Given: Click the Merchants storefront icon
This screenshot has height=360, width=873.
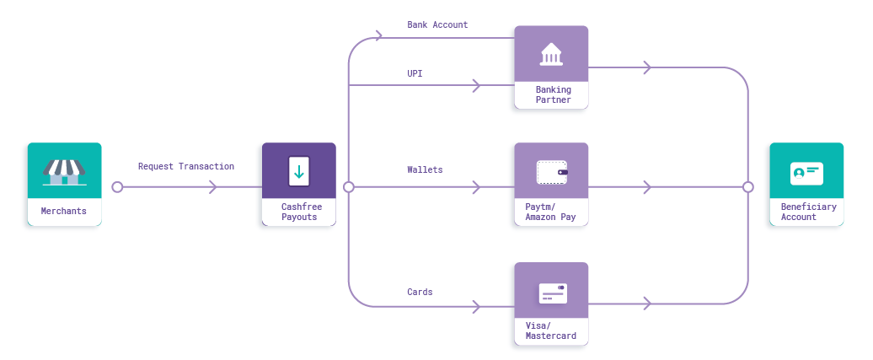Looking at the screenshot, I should pyautogui.click(x=65, y=172).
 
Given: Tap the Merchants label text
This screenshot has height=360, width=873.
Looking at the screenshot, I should pyautogui.click(x=64, y=211).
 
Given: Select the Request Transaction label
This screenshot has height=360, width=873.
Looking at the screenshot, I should pyautogui.click(x=186, y=167).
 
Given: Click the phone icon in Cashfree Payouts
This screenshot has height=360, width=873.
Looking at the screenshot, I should pyautogui.click(x=298, y=171).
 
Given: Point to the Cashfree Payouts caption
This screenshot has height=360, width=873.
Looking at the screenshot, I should pyautogui.click(x=299, y=212).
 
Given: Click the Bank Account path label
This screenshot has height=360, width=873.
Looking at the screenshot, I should pyautogui.click(x=437, y=25).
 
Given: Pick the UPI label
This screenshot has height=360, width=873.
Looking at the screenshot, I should pyautogui.click(x=415, y=73).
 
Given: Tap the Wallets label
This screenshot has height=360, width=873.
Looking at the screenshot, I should pyautogui.click(x=425, y=170).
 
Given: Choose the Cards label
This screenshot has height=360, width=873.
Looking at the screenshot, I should pyautogui.click(x=420, y=293).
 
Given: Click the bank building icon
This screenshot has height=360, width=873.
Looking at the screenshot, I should pyautogui.click(x=553, y=54).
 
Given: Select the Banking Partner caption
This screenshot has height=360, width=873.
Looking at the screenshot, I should pyautogui.click(x=553, y=94).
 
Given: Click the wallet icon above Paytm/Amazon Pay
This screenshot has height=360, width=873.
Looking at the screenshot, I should pyautogui.click(x=552, y=172).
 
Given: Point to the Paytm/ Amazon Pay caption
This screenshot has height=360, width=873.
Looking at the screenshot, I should pyautogui.click(x=551, y=212).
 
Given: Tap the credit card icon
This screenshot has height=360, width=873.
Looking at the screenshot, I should pyautogui.click(x=553, y=293).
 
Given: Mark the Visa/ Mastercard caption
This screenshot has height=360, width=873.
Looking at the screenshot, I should pyautogui.click(x=551, y=330).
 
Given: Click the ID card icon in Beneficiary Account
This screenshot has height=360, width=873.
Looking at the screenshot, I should pyautogui.click(x=806, y=173).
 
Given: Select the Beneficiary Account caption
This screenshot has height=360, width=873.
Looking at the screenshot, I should pyautogui.click(x=808, y=212).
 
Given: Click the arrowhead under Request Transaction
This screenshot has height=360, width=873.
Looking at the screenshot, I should pyautogui.click(x=213, y=187).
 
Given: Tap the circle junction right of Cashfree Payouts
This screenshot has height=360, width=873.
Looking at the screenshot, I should pyautogui.click(x=349, y=187).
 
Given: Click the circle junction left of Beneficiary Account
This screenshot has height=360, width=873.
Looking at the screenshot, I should pyautogui.click(x=747, y=187).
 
